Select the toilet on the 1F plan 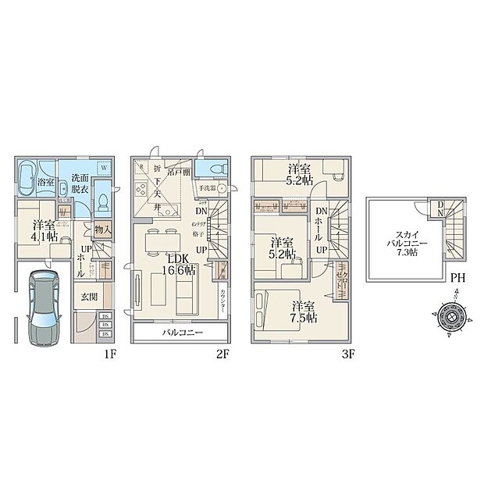tap(102, 203)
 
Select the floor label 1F tap(109, 353)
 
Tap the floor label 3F tap(348, 353)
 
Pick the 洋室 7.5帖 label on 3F tap(304, 312)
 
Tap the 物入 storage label tap(102, 230)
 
